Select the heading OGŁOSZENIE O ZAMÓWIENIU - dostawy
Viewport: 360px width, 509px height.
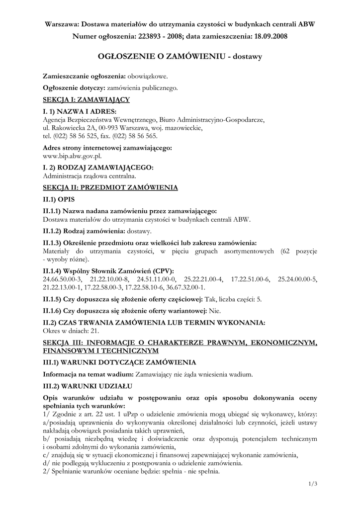pos(180,57)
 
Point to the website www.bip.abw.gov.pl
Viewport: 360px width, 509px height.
pos(73,156)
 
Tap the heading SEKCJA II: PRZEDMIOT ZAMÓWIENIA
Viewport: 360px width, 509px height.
pos(110,188)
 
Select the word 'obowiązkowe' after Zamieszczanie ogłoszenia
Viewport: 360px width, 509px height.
pos(148,77)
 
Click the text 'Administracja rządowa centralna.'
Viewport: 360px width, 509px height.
pos(90,175)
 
